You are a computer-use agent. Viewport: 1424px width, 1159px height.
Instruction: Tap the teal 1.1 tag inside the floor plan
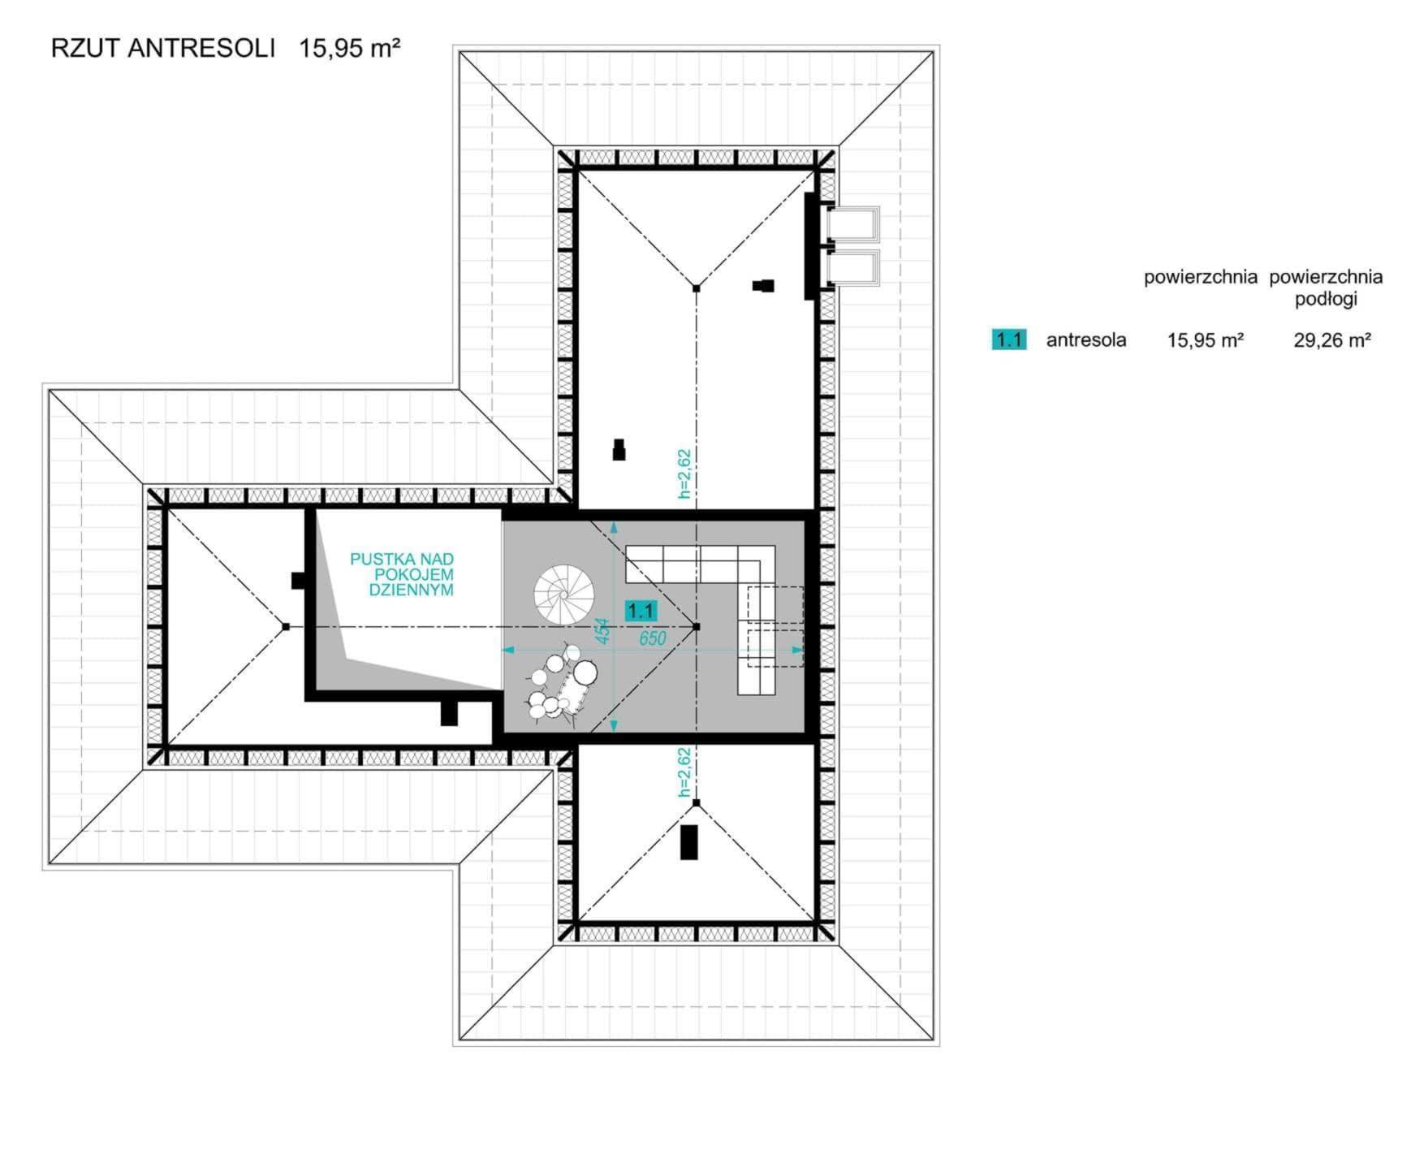pos(641,611)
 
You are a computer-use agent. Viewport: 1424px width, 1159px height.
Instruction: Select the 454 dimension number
pos(602,631)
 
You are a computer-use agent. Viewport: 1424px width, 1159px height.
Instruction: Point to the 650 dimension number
pos(653,638)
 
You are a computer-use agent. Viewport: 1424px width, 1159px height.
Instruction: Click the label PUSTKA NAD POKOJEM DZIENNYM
pos(402,575)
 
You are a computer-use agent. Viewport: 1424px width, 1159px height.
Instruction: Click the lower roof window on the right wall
pos(852,269)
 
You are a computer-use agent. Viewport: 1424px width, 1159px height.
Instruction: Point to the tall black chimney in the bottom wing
pos(689,841)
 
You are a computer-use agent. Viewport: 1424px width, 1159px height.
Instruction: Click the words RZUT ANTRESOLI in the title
pos(163,49)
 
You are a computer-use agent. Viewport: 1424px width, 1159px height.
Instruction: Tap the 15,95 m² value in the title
pos(350,48)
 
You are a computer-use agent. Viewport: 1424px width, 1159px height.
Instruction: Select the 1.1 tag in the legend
pos(1008,339)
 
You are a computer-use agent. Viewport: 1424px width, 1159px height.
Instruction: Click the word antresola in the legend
pos(1086,339)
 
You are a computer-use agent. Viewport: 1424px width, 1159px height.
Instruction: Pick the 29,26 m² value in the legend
pos(1332,339)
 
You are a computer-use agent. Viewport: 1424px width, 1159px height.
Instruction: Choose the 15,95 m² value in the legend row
pos(1206,339)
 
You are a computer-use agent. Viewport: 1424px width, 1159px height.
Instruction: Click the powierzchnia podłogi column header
pos(1326,288)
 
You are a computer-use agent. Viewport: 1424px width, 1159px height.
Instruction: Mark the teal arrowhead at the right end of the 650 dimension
pos(798,650)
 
